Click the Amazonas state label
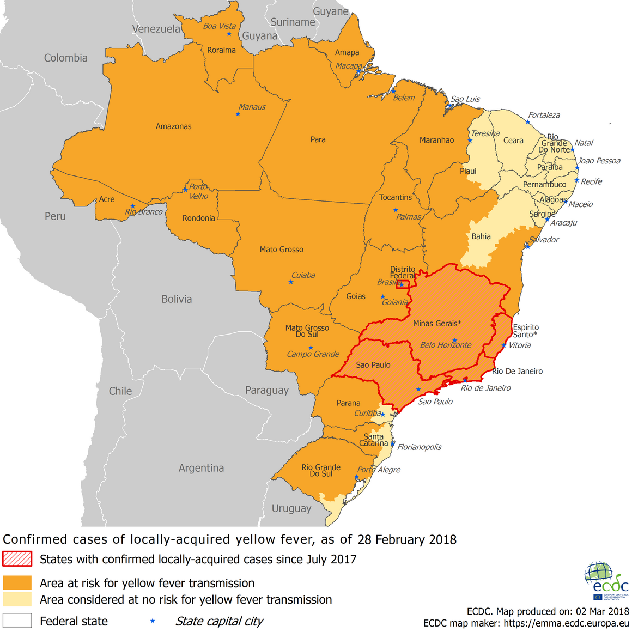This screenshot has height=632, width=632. (x=173, y=126)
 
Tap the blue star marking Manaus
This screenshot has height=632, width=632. (x=238, y=114)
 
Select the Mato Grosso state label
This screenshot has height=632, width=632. (x=281, y=250)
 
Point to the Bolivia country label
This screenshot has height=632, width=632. (x=177, y=299)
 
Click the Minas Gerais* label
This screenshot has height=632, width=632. (x=437, y=324)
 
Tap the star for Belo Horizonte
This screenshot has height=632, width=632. (x=454, y=340)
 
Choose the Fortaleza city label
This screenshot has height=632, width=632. (x=544, y=115)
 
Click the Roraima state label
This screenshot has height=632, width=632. (x=221, y=50)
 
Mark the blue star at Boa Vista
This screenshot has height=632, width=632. (x=229, y=34)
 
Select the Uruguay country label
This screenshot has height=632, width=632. (x=291, y=508)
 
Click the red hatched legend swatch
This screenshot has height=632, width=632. (x=17, y=559)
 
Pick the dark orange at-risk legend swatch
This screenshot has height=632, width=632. (x=17, y=583)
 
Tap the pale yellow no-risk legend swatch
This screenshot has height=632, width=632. (x=17, y=599)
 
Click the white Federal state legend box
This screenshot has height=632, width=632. (x=17, y=621)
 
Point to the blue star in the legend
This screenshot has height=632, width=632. (x=153, y=621)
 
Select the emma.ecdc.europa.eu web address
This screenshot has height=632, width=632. (x=566, y=623)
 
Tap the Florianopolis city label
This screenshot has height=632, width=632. (x=419, y=447)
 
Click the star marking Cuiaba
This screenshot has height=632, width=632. (x=291, y=282)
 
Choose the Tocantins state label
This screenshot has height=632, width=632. (x=396, y=197)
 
